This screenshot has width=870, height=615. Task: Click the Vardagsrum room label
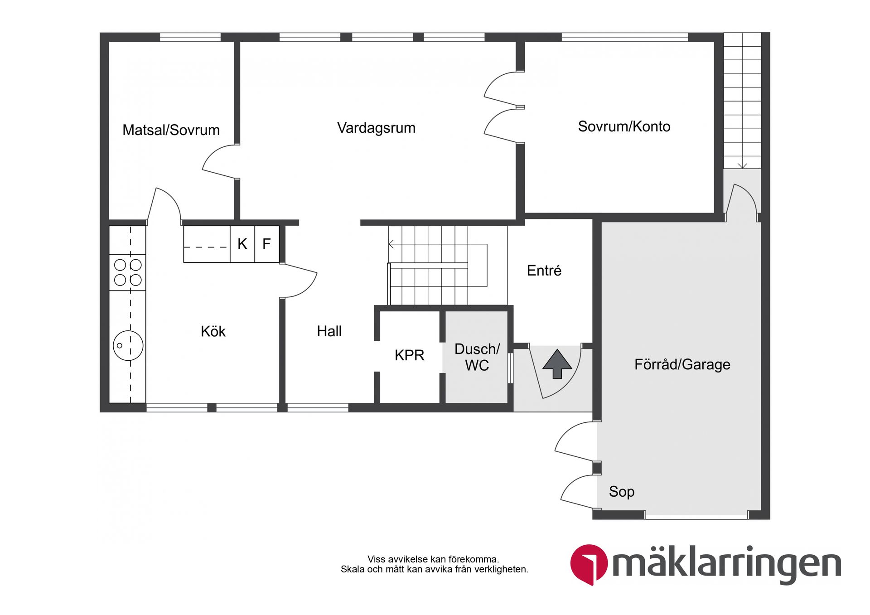coord(376,128)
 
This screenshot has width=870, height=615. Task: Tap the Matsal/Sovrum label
coord(171,130)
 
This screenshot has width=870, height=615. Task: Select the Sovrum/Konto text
coord(624,126)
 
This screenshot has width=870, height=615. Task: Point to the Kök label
coord(213,331)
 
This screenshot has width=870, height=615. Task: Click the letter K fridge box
coord(242,244)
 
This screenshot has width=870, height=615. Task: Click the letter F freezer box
coord(266,244)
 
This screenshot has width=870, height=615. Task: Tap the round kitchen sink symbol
coord(128,345)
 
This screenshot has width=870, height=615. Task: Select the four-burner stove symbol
coord(128,272)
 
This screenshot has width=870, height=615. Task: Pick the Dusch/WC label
coord(477,357)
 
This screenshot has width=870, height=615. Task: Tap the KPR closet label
coord(409,355)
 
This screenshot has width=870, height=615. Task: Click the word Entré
coord(544,271)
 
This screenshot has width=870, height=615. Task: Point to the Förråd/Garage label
coord(682,364)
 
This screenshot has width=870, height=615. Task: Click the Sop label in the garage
coord(621,492)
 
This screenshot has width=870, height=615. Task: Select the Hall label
coord(329,331)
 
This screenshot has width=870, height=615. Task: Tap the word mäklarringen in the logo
coord(726,565)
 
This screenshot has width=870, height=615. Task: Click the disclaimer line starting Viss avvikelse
coord(433,559)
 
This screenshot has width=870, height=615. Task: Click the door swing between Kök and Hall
coord(299,281)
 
